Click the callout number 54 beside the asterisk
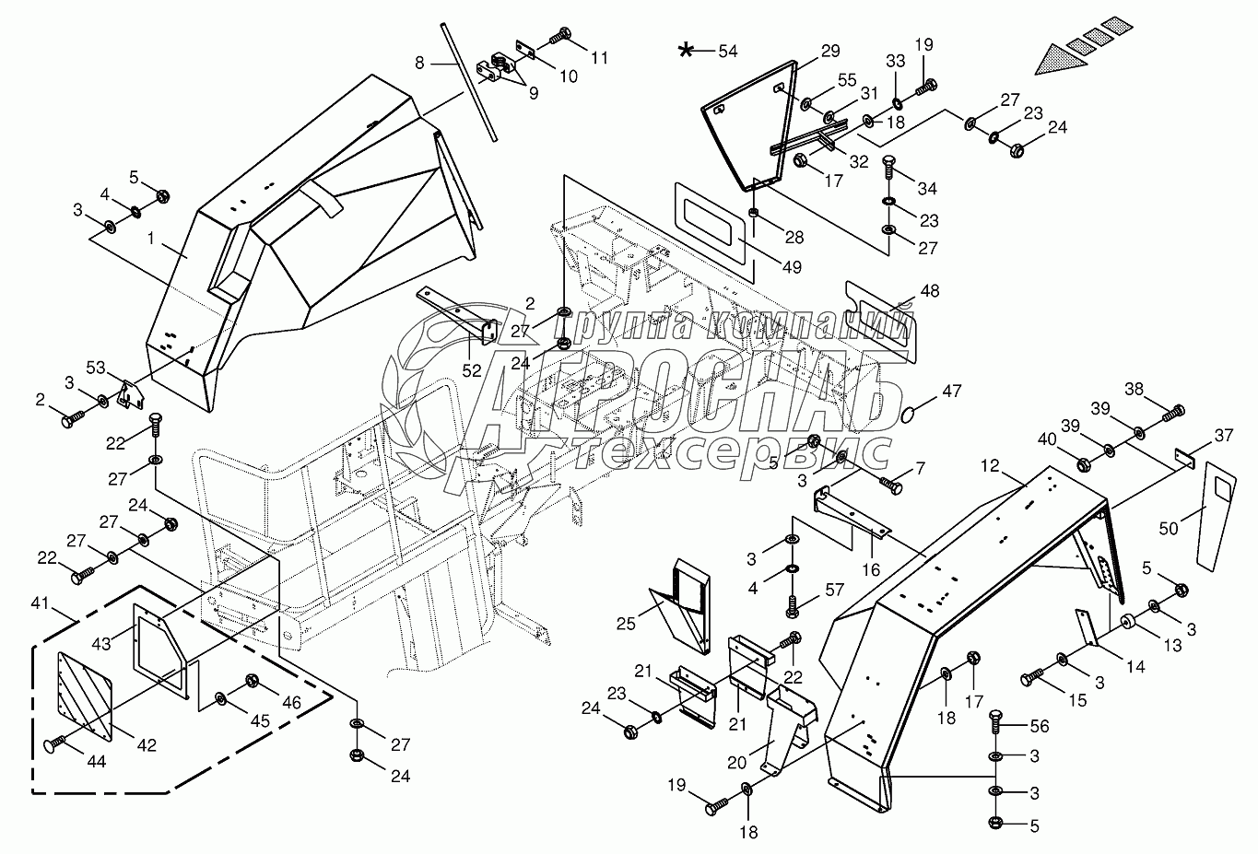pos(728,51)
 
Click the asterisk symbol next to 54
pos(687,50)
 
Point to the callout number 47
pos(951,392)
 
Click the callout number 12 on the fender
pos(989,468)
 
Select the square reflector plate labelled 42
pos(85,693)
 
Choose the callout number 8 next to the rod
pos(419,64)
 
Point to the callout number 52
pos(472,370)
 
